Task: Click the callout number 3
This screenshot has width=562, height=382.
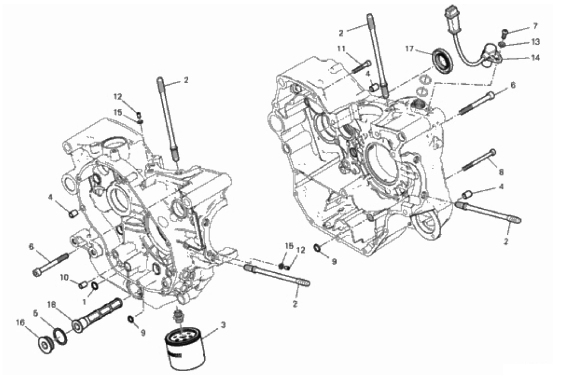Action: click(223, 326)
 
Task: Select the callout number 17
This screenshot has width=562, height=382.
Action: click(409, 49)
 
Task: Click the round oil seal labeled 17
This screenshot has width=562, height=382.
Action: click(443, 61)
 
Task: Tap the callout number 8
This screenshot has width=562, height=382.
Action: click(501, 172)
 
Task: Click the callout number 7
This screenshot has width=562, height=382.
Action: click(535, 26)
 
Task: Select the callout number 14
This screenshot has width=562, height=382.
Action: click(535, 56)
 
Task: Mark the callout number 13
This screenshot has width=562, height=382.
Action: click(535, 42)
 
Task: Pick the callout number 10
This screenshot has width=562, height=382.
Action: click(65, 278)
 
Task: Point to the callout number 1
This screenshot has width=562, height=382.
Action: click(84, 302)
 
